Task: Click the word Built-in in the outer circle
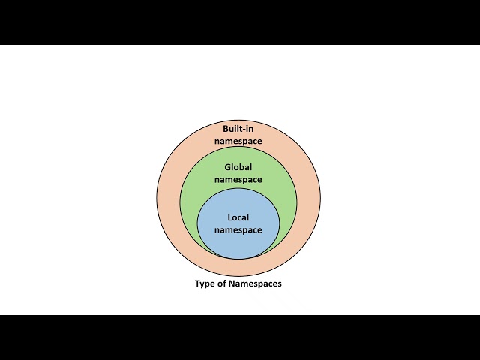(238, 129)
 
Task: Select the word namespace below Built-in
(238, 142)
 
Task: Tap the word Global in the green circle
(238, 167)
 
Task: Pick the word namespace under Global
(238, 180)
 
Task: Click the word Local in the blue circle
(238, 217)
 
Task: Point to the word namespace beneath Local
(238, 230)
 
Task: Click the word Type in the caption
(205, 283)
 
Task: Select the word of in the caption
(222, 283)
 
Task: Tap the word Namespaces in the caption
(255, 283)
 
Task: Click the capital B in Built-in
(226, 129)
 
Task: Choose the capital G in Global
(228, 167)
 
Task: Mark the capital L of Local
(230, 217)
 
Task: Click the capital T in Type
(198, 283)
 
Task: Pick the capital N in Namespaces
(232, 283)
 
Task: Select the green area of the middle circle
(190, 202)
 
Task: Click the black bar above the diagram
(240, 22)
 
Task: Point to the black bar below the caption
(240, 337)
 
